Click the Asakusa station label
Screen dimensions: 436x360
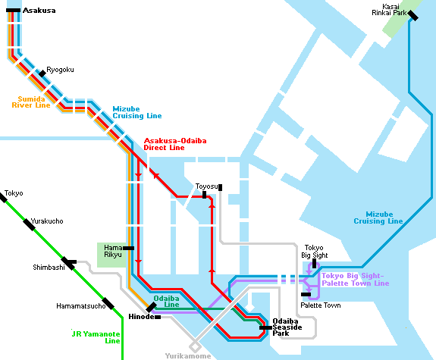[39, 11]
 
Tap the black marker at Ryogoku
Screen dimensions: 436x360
[42, 74]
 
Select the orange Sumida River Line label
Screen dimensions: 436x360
[31, 102]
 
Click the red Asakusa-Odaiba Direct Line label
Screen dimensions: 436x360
[175, 144]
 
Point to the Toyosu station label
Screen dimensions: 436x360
[206, 186]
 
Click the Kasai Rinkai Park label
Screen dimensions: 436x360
[389, 10]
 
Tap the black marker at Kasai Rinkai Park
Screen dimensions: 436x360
[412, 15]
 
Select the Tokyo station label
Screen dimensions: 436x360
[14, 193]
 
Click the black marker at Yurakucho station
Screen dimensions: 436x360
[29, 224]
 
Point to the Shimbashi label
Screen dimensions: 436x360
[49, 268]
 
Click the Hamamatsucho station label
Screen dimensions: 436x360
[81, 306]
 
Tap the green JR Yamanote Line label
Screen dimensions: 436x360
[96, 337]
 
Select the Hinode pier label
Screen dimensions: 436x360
[141, 317]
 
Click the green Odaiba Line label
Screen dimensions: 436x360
[166, 302]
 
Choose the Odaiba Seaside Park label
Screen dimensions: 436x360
[287, 327]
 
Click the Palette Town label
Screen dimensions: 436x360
[320, 305]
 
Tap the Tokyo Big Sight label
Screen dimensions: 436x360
[315, 252]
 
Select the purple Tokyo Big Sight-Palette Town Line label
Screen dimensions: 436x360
[356, 280]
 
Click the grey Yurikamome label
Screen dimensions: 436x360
[188, 356]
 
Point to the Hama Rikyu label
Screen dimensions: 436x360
[113, 251]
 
